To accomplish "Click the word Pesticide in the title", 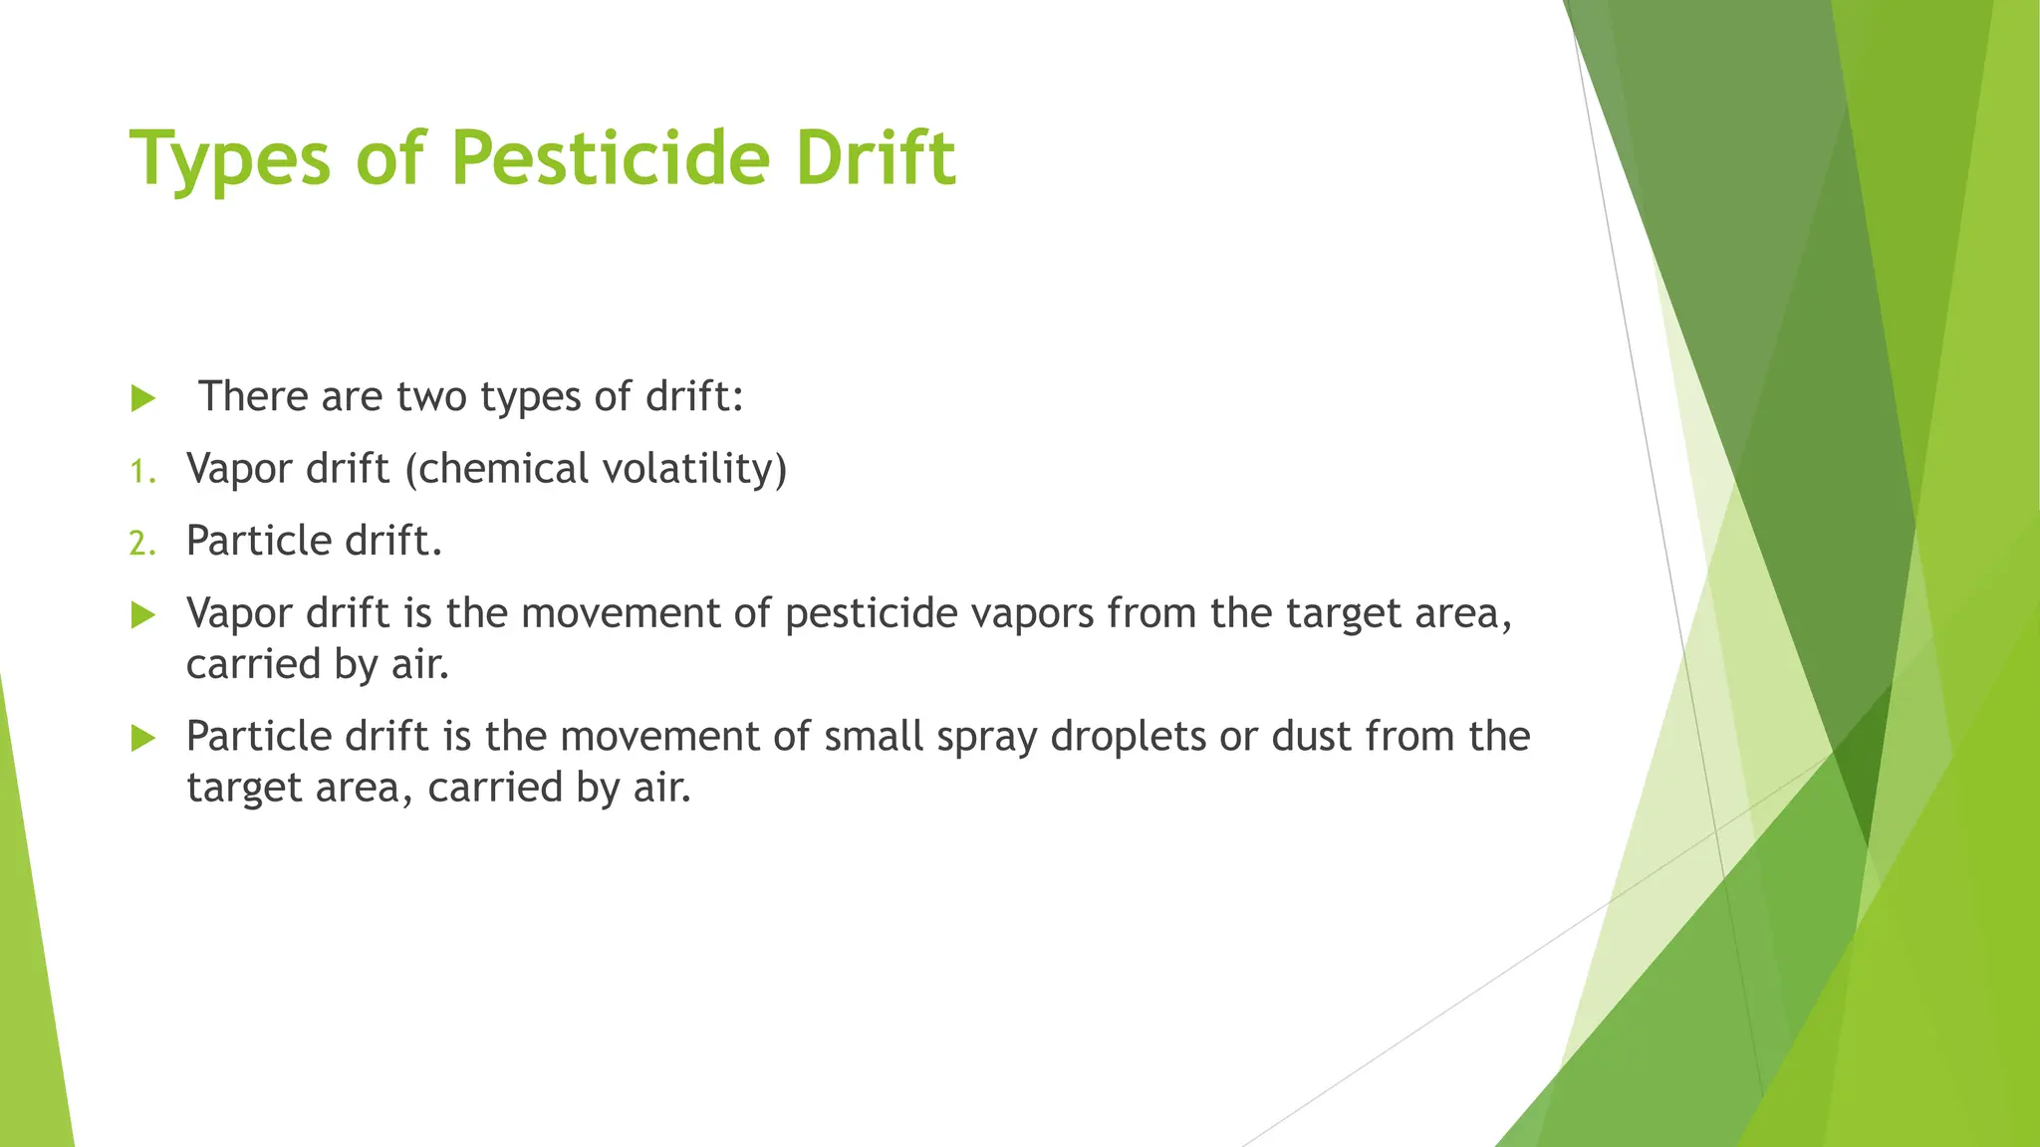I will coord(610,159).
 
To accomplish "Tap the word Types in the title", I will coord(230,159).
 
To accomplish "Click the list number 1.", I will coord(142,471).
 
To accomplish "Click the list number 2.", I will coord(142,544).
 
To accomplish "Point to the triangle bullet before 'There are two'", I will coord(143,399).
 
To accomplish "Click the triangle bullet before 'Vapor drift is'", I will coord(143,615).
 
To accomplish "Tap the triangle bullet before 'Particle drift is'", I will coord(143,739).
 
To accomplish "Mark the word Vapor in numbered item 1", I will coord(239,469).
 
